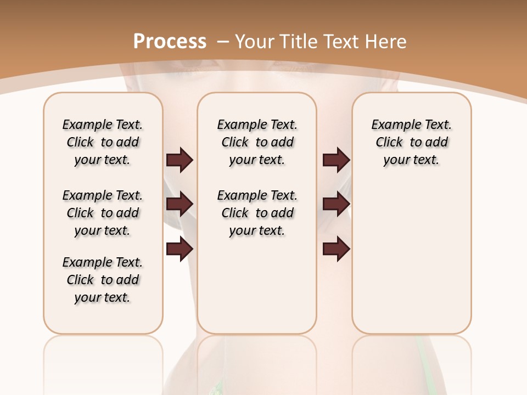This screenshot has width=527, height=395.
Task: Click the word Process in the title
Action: tap(170, 41)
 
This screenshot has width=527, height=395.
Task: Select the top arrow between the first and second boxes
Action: tap(180, 160)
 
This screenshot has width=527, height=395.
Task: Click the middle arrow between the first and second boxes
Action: tap(180, 204)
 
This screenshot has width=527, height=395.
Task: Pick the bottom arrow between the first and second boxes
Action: tap(180, 249)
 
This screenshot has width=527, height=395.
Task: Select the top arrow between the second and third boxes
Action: tap(336, 160)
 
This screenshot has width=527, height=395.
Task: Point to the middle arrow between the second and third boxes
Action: tap(336, 204)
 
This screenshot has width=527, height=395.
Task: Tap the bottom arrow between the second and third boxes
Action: tap(336, 249)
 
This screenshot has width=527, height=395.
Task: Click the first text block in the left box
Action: tap(103, 142)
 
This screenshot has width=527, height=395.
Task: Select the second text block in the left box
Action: tap(103, 213)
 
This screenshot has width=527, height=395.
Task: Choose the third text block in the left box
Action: tap(103, 280)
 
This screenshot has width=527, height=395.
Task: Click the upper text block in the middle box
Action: tap(257, 142)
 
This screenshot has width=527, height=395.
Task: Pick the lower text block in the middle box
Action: tap(257, 213)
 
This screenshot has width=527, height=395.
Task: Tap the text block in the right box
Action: tap(411, 142)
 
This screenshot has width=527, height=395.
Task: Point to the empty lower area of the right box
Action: tap(411, 258)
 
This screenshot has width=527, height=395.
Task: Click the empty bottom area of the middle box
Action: tap(257, 291)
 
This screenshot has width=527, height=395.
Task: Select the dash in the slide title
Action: tap(223, 41)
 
